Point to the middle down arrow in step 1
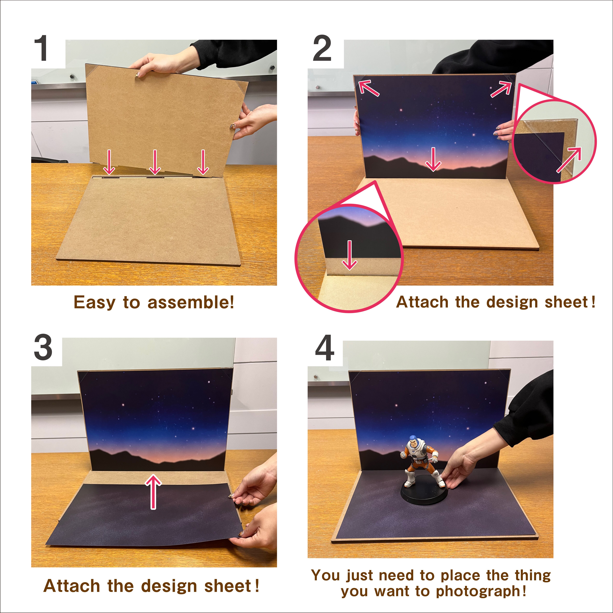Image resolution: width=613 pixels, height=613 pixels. pyautogui.click(x=155, y=162)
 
